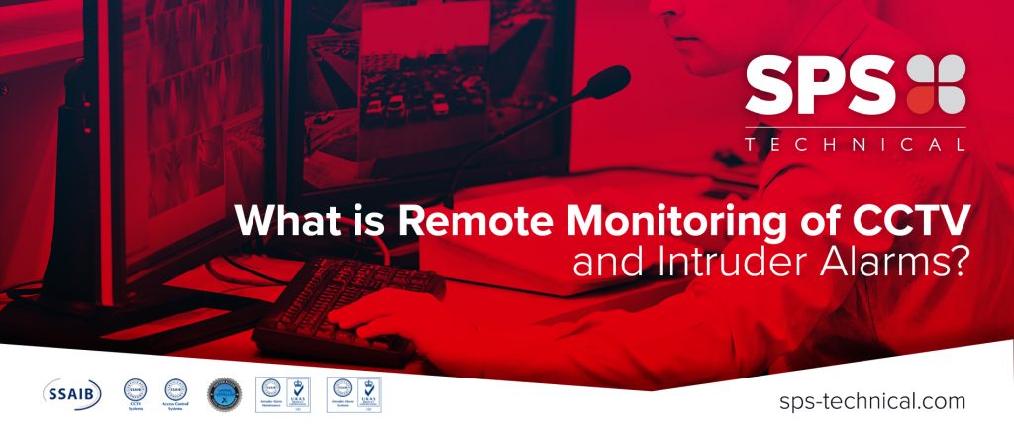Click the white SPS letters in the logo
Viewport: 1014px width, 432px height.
pos(820,84)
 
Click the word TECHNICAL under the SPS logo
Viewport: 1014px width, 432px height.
pos(855,145)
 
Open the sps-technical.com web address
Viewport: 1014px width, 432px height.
pos(872,401)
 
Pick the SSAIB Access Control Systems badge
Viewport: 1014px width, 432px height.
pos(176,393)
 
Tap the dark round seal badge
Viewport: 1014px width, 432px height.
pos(224,393)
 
